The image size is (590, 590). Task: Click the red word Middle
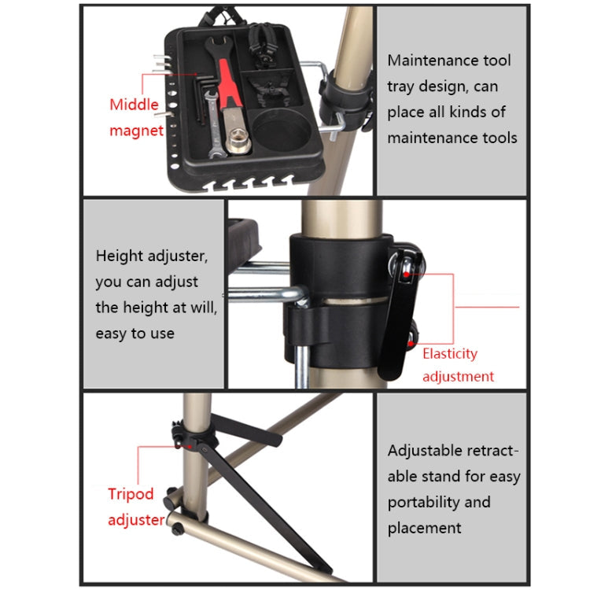[134, 104]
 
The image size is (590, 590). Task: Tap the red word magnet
[136, 131]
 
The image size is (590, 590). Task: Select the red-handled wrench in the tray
[227, 94]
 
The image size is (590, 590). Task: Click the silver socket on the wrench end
[238, 140]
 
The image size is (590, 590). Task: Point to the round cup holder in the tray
[282, 129]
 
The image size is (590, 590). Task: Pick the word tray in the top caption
[400, 87]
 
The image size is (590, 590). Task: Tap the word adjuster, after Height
[178, 256]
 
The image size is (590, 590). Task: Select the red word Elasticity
[450, 354]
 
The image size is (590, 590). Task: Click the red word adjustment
[458, 376]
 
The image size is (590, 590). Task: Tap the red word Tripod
[131, 494]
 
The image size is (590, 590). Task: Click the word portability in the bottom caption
[423, 503]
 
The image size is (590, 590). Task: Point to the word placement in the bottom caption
[424, 529]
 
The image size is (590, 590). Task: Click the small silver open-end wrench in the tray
[213, 124]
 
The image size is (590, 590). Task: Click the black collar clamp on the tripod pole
[194, 437]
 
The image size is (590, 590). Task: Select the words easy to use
[135, 334]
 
